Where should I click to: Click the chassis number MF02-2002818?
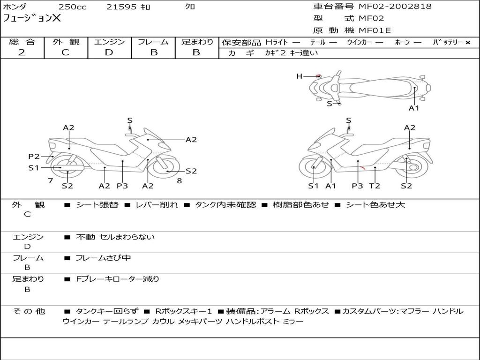pos(395,7)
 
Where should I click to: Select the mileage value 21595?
pos(121,7)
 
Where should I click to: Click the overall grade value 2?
pos(22,52)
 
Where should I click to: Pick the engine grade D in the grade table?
pos(109,52)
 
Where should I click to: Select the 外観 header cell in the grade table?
pos(66,42)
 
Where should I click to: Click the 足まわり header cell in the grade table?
pos(197,42)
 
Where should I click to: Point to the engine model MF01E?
pos(375,31)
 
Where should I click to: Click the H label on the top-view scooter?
pos(299,76)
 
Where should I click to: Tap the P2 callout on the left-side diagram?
pos(34,157)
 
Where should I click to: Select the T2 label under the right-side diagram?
pos(374,186)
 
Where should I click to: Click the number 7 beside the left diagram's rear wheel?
pos(50,180)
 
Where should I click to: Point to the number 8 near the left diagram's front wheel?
pos(179,180)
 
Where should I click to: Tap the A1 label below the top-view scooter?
pos(414,108)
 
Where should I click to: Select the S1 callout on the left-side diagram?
pos(34,167)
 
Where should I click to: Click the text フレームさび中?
pos(103,258)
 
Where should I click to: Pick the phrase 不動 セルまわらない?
pos(115,237)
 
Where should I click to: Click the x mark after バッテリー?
pos(467,43)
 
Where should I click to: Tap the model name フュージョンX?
pos(32,19)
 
